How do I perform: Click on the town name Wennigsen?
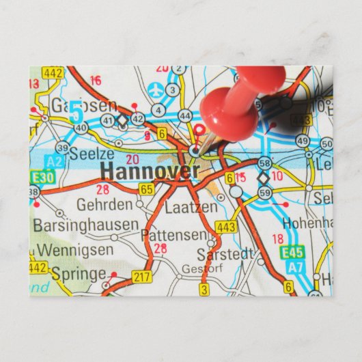point(75,250)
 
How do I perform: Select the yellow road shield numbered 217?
point(142,277)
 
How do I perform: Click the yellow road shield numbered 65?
point(147,189)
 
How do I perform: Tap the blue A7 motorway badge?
point(294,266)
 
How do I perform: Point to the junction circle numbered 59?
point(265,193)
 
